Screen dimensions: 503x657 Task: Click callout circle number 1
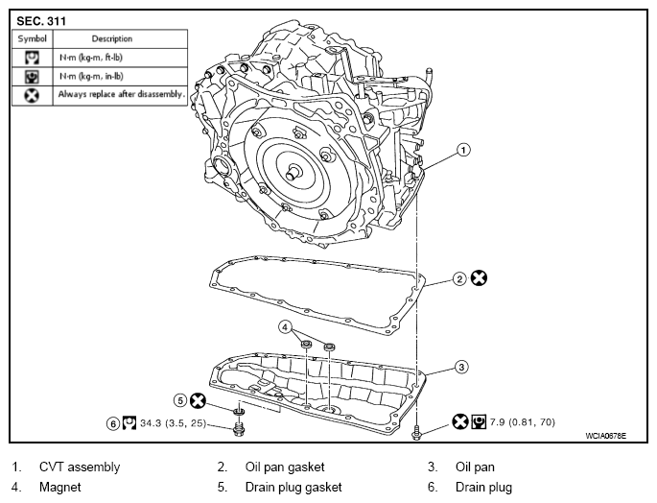click(463, 150)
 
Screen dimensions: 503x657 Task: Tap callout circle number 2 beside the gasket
click(459, 278)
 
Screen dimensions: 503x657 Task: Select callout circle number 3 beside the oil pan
click(460, 366)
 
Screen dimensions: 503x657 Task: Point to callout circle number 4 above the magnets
click(286, 326)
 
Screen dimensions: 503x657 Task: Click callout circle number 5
click(179, 400)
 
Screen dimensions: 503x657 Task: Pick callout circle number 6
click(114, 422)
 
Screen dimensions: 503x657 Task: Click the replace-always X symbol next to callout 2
click(480, 278)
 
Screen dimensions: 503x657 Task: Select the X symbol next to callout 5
click(199, 400)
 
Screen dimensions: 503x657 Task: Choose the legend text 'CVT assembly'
click(80, 467)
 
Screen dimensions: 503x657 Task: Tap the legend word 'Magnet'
click(59, 487)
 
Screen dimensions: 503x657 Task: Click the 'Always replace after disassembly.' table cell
click(121, 95)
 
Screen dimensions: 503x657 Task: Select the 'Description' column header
click(112, 38)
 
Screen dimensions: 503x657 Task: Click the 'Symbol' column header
click(33, 38)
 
